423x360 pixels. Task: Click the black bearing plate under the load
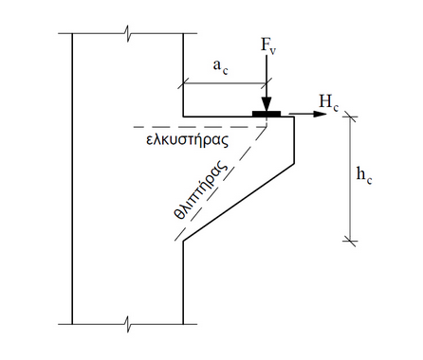[267, 115]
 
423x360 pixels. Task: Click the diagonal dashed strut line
[228, 180]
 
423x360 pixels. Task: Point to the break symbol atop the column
[127, 35]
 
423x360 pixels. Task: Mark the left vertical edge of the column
[72, 180]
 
